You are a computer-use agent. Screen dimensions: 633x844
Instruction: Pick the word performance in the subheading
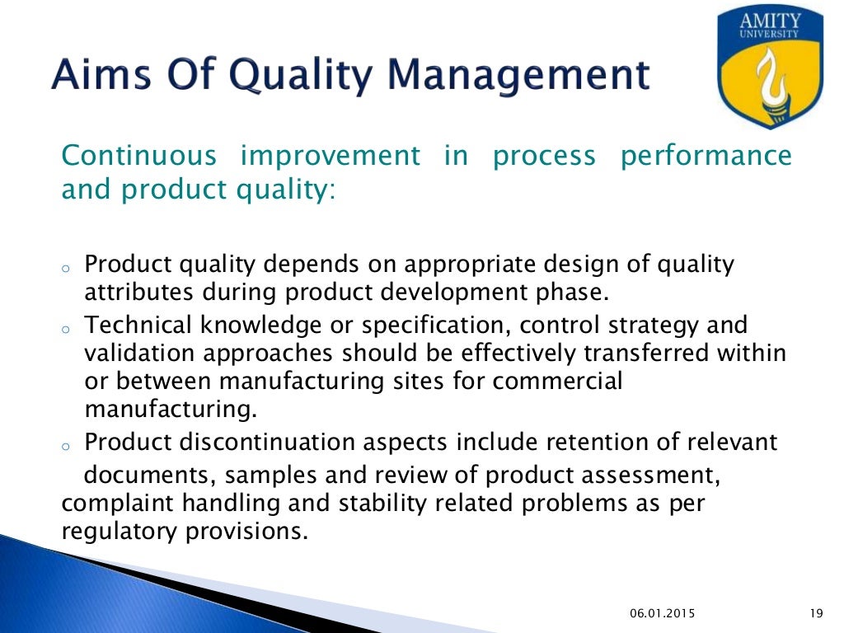pyautogui.click(x=706, y=156)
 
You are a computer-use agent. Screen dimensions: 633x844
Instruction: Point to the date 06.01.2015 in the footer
pyautogui.click(x=663, y=612)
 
